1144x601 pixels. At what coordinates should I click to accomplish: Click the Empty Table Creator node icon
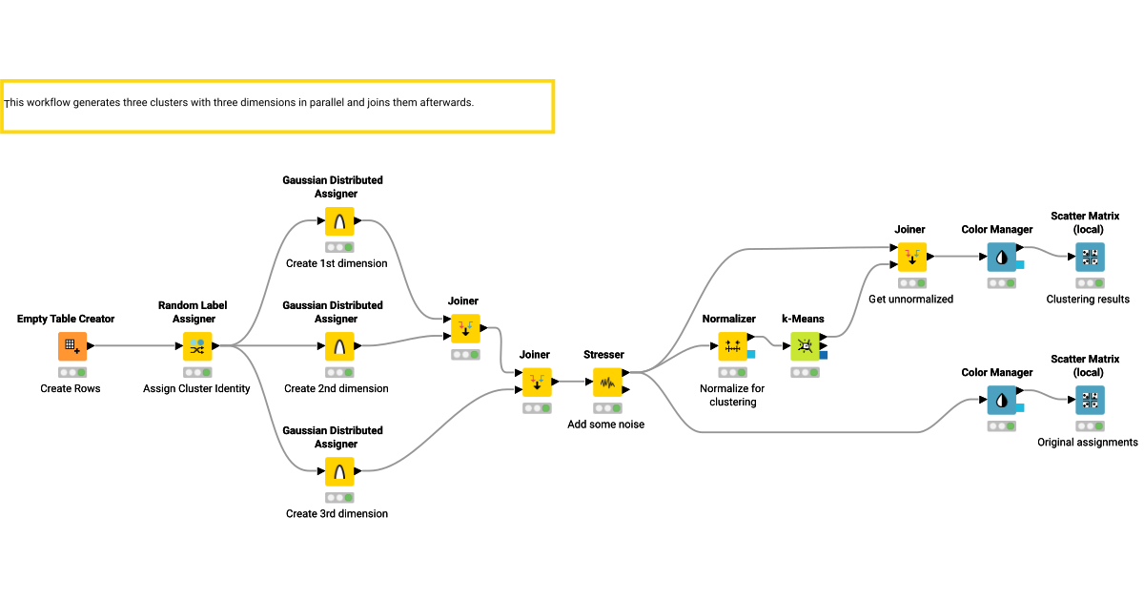[71, 346]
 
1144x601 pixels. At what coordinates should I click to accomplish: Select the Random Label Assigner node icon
[197, 346]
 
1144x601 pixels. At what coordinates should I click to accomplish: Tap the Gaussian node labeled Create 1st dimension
[338, 221]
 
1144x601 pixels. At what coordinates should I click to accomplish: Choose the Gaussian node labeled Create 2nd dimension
[338, 346]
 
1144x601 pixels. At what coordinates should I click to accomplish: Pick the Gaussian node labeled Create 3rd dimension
[338, 471]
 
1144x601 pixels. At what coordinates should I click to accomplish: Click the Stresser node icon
[607, 383]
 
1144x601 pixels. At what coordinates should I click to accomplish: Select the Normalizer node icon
[733, 346]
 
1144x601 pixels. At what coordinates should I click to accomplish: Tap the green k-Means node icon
[805, 346]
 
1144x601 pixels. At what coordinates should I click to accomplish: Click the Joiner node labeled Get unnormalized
[911, 257]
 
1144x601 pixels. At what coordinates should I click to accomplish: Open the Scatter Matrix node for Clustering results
[1090, 257]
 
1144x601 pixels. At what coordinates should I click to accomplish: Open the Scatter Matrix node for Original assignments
[1090, 401]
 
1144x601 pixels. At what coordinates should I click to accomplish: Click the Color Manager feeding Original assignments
[1001, 401]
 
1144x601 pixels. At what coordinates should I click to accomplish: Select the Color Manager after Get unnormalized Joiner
[1001, 257]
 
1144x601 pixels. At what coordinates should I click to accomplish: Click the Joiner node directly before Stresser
[537, 383]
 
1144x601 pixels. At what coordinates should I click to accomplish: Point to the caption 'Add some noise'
[605, 425]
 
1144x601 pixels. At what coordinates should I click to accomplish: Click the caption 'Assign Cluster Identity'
[196, 389]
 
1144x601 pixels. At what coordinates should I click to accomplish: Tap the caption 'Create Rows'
[71, 389]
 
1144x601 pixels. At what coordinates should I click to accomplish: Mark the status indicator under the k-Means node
[805, 373]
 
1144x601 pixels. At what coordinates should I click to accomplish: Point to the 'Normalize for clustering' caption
[732, 395]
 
